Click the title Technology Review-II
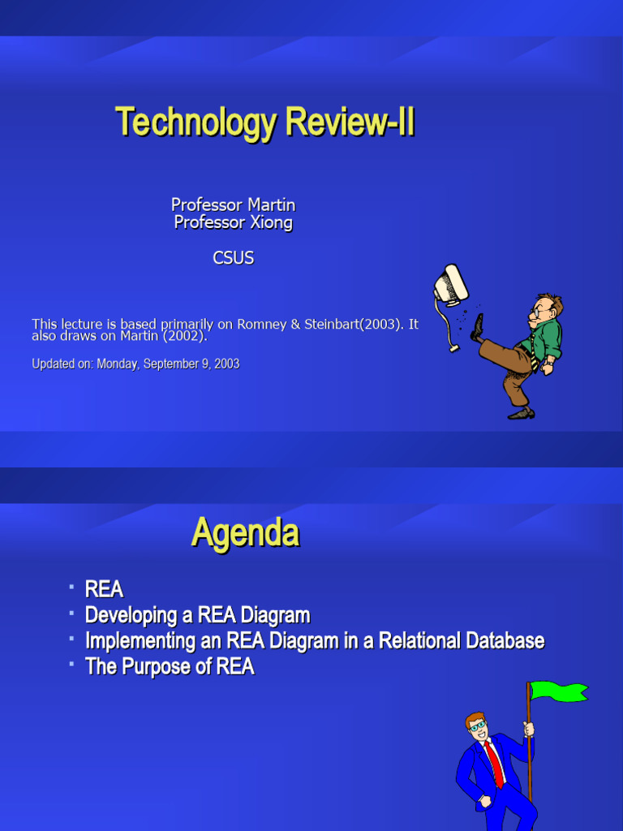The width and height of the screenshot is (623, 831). [x=265, y=123]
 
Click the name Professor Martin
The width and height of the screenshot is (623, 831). [x=233, y=205]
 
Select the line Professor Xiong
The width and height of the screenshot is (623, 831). [x=233, y=222]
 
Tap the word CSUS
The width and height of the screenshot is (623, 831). [x=233, y=258]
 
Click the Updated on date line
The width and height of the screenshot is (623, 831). [x=135, y=364]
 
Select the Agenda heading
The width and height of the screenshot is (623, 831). [x=245, y=533]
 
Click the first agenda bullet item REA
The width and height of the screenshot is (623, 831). [x=104, y=589]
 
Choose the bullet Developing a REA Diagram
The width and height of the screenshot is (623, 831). [x=197, y=615]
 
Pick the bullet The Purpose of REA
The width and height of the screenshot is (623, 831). [x=170, y=667]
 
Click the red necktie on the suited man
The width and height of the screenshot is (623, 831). [x=494, y=762]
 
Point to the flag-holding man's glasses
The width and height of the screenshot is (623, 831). [x=477, y=726]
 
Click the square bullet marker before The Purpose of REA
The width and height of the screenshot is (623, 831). [x=71, y=664]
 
